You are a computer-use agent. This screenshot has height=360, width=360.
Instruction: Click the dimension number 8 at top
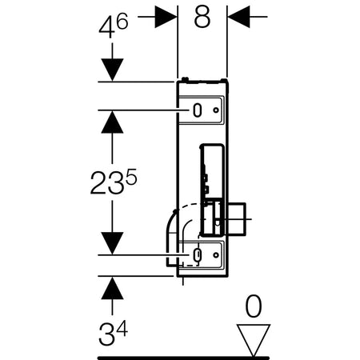(x=202, y=17)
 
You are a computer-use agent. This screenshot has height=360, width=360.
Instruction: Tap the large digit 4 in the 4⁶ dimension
(x=107, y=27)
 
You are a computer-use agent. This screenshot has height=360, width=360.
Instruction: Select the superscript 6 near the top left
(x=122, y=21)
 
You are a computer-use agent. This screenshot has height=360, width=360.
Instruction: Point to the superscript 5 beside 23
(x=131, y=177)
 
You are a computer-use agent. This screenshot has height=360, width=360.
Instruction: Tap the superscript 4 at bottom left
(x=122, y=328)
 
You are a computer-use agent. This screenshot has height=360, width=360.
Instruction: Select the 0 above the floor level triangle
(x=254, y=306)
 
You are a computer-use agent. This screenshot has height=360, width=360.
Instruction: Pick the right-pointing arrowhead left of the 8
(x=166, y=17)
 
